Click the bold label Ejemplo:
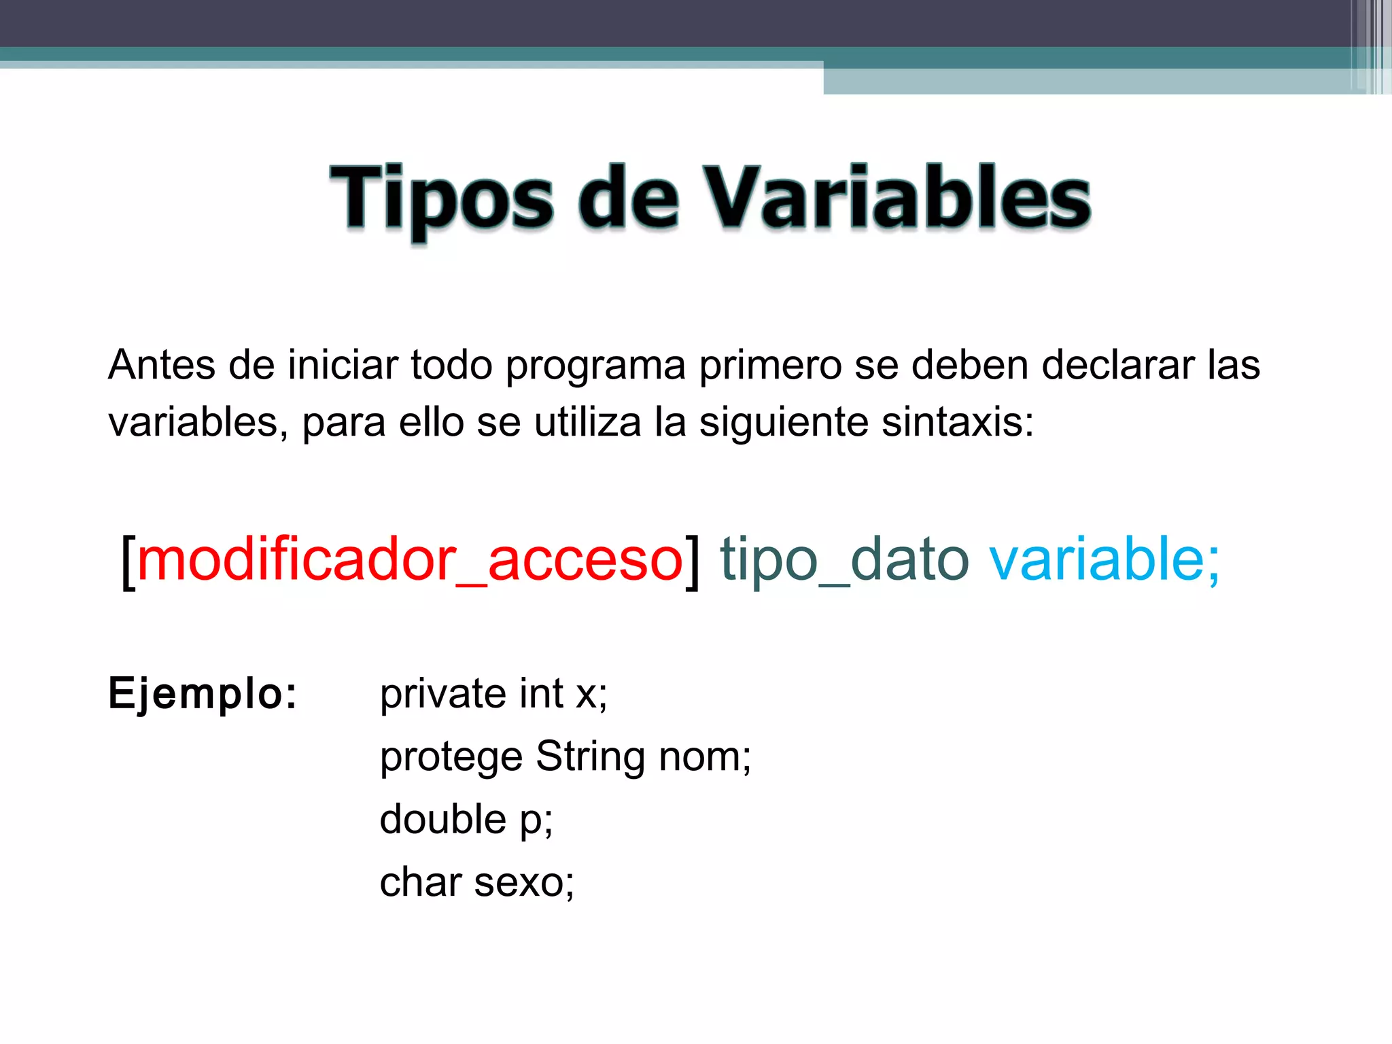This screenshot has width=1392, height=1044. (x=203, y=694)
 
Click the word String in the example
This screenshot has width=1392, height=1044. (x=590, y=757)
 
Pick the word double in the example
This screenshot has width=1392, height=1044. (x=443, y=819)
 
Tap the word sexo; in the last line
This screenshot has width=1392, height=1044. (x=524, y=882)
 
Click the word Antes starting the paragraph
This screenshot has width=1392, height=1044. (x=162, y=365)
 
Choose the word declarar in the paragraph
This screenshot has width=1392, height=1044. (x=1117, y=365)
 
